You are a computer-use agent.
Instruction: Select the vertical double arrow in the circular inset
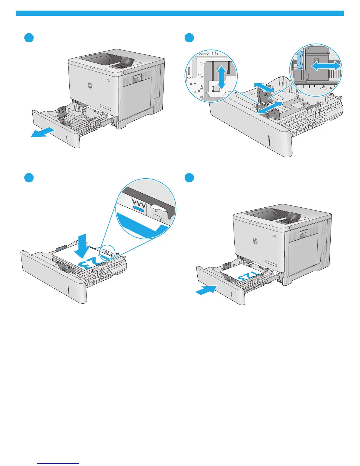(x=222, y=77)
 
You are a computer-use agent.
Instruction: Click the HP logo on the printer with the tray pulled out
(x=90, y=85)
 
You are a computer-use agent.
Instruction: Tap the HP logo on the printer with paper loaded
(x=255, y=241)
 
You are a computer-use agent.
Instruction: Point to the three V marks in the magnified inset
(x=139, y=203)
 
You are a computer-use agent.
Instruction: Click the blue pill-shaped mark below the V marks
(x=139, y=209)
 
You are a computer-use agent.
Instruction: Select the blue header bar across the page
(x=180, y=13)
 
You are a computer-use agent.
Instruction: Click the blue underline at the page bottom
(x=59, y=464)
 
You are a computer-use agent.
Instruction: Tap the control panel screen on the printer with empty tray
(x=127, y=62)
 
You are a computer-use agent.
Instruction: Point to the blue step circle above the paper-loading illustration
(x=29, y=178)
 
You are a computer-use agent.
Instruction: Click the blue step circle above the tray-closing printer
(x=189, y=178)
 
